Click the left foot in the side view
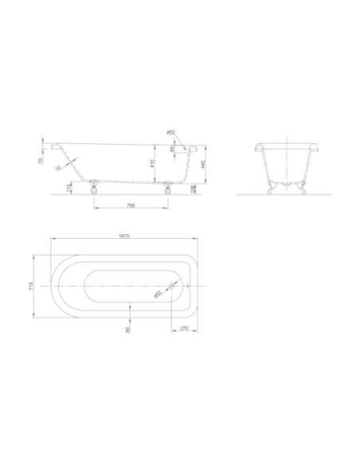[96, 186]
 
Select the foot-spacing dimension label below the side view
[130, 205]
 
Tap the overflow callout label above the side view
[170, 132]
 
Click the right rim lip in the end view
[317, 147]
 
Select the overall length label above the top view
[123, 234]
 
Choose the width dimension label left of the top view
[31, 286]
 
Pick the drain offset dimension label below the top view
[182, 326]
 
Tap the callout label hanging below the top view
[127, 328]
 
